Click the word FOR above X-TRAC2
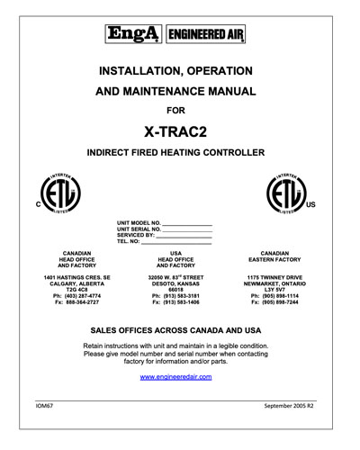[180, 112]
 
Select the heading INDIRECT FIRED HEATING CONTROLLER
[180, 155]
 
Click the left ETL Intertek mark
[59, 193]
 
